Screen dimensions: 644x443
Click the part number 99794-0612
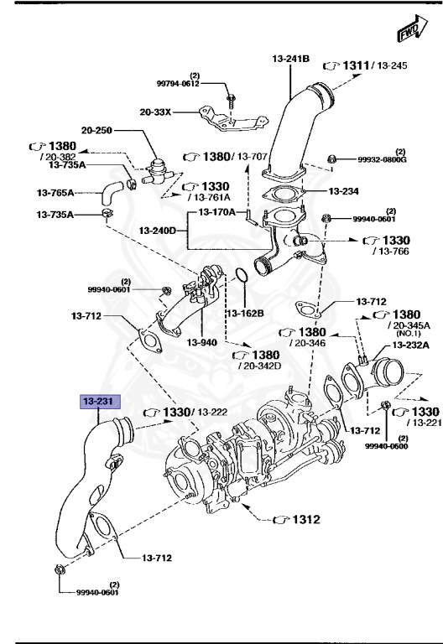click(x=179, y=84)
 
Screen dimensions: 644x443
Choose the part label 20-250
click(x=98, y=130)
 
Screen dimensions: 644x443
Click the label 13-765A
click(x=55, y=192)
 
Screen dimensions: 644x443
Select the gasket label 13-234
click(x=342, y=191)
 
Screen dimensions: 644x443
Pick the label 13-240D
click(x=157, y=230)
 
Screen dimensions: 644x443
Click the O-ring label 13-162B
click(x=244, y=313)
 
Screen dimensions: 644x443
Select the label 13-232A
click(x=409, y=345)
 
